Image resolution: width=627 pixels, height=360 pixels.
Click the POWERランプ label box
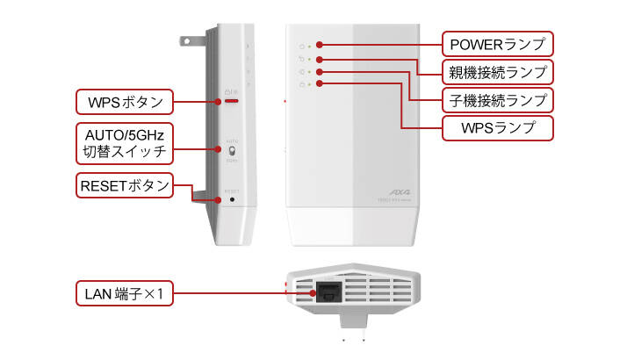pos(497,42)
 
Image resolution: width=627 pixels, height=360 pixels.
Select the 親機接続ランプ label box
pos(496,70)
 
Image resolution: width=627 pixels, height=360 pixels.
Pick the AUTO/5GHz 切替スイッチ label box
pos(125,143)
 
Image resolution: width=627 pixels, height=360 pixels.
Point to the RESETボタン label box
pos(124,185)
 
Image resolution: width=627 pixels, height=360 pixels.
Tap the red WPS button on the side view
pos(232,101)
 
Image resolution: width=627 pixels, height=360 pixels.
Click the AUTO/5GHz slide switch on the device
pos(232,151)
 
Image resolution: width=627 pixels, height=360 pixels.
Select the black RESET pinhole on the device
pos(232,199)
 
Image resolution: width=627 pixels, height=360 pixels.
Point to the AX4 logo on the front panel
pos(400,191)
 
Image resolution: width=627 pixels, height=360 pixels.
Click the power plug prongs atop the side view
pos(190,40)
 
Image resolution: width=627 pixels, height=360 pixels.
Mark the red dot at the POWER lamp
pos(321,43)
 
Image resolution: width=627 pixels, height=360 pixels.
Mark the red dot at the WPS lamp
pos(321,83)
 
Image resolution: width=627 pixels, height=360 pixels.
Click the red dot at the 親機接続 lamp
pos(321,57)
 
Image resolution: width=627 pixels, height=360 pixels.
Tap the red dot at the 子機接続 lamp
pos(321,70)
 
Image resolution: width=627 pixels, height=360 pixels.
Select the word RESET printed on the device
pos(232,190)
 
